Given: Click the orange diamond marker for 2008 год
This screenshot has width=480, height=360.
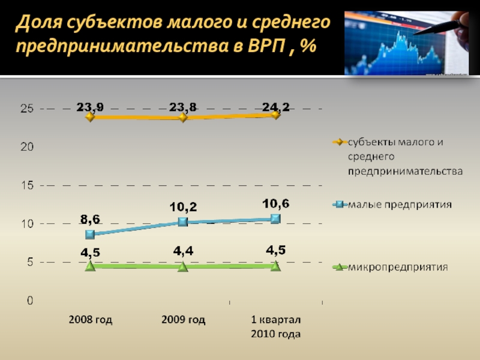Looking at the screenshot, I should (x=90, y=117).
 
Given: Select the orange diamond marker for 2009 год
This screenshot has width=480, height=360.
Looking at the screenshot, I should (x=183, y=117).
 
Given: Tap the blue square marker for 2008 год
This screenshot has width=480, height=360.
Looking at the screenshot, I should (x=90, y=234).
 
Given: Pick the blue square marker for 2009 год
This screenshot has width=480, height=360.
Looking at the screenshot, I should (x=183, y=222).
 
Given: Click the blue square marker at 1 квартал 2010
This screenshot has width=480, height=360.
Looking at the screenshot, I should (x=275, y=218).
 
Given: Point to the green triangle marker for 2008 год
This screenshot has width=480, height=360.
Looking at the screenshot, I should (x=90, y=266).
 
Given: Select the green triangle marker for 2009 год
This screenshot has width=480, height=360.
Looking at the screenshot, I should (x=183, y=266).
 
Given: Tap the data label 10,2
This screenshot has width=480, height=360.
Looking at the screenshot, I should (x=183, y=207).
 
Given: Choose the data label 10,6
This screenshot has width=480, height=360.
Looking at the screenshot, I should (x=275, y=203).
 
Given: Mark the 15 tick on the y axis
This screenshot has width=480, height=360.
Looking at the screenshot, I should (x=27, y=185).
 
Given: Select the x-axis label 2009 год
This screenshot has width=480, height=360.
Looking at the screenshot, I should (x=183, y=320).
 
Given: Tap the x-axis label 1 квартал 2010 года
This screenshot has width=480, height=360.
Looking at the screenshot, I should (x=275, y=327).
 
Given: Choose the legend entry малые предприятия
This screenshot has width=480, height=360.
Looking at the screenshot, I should (x=400, y=205).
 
